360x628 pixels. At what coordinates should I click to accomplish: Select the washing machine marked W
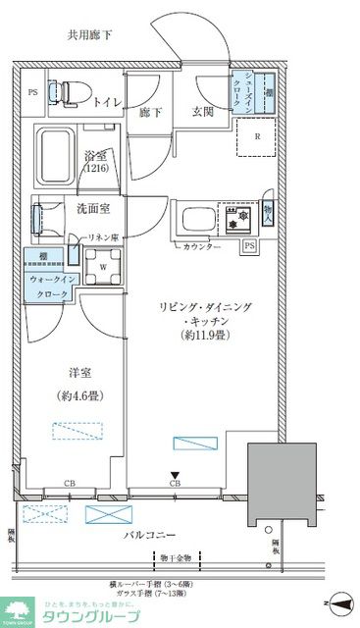pyautogui.click(x=103, y=263)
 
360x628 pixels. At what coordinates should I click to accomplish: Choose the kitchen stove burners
pyautogui.click(x=235, y=216)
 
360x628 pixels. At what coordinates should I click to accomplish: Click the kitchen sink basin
pyautogui.click(x=192, y=217)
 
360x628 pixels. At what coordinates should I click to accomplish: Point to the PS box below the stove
pyautogui.click(x=250, y=244)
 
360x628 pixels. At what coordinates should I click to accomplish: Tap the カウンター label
pyautogui.click(x=201, y=247)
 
